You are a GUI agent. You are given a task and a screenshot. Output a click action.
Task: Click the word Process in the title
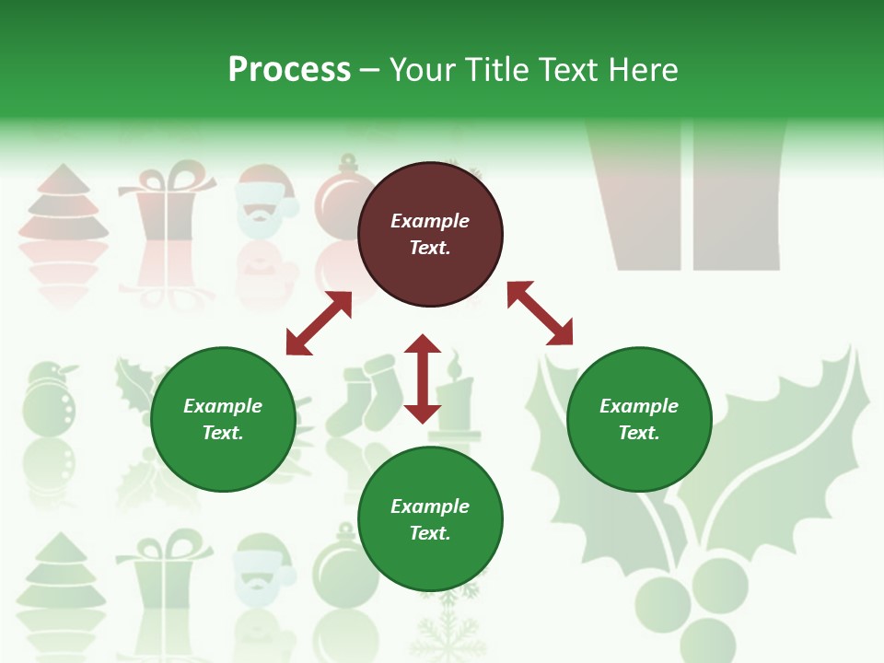click(289, 70)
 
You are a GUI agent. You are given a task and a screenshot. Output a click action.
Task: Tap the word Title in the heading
click(493, 70)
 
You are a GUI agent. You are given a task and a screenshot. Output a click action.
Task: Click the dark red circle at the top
click(430, 234)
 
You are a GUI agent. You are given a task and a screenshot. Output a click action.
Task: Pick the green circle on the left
click(223, 419)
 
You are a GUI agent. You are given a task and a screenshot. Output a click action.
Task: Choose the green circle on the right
click(639, 419)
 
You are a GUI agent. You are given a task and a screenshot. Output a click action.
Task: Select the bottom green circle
click(430, 519)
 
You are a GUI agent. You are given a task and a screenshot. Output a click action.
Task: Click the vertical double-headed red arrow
click(423, 378)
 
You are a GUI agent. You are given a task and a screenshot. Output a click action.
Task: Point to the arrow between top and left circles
click(319, 323)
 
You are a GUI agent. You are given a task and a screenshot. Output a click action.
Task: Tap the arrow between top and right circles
click(541, 314)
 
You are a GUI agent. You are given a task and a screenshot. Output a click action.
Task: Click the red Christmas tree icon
click(63, 206)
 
